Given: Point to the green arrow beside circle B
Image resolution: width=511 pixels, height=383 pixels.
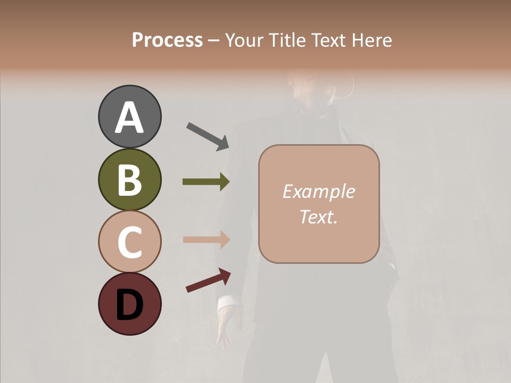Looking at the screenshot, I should click(206, 182).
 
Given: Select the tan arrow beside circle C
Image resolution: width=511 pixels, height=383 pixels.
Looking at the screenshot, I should click(206, 239).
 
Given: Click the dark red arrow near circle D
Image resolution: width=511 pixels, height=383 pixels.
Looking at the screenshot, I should click(208, 280).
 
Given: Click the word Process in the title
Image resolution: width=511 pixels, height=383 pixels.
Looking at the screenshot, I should click(167, 40).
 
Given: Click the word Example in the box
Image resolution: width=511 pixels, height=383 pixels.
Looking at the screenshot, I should click(318, 191).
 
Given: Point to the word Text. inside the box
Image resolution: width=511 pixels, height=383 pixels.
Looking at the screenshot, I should click(318, 217).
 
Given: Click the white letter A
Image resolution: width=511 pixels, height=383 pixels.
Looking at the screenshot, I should click(129, 118).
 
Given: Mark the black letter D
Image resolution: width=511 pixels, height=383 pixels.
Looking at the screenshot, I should click(129, 305).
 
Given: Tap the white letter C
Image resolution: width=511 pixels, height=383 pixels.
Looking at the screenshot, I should click(129, 243).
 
